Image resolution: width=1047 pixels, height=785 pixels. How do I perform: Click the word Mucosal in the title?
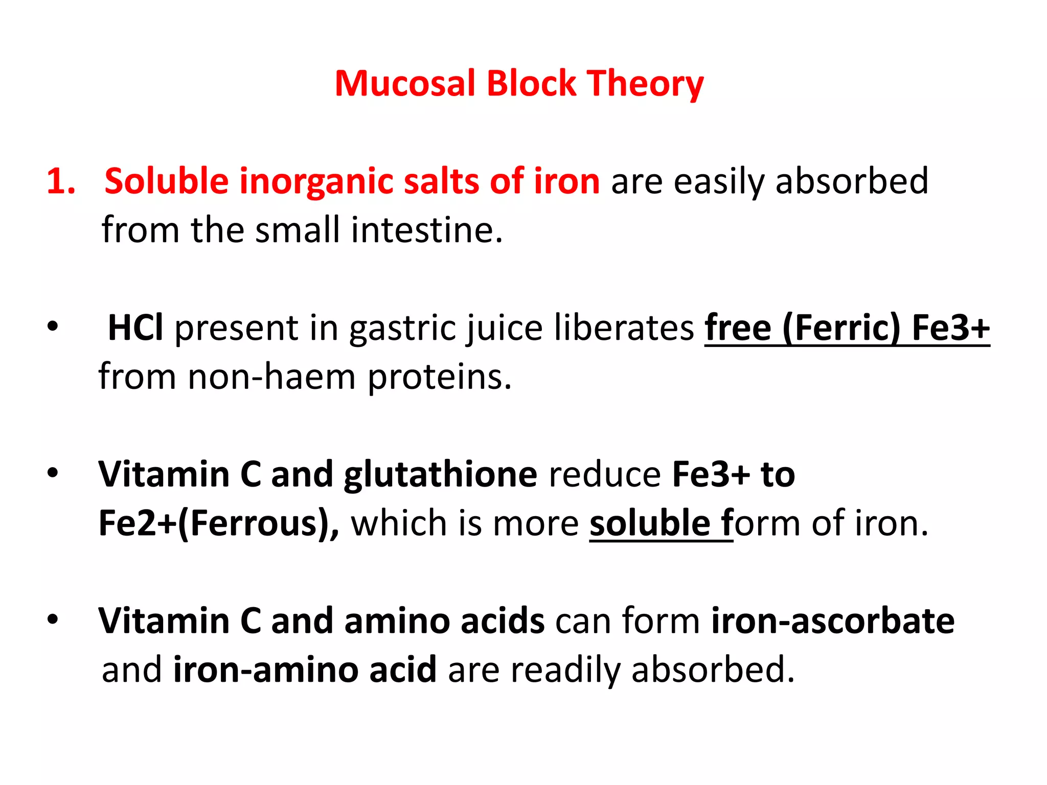(x=405, y=83)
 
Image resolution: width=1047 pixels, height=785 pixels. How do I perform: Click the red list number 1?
(x=60, y=181)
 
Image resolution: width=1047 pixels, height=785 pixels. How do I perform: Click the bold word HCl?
(x=135, y=328)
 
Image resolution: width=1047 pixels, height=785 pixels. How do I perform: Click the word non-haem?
(x=271, y=377)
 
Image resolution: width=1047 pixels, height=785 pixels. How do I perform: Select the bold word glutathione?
(x=440, y=475)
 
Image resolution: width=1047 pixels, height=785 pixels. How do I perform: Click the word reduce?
(x=604, y=475)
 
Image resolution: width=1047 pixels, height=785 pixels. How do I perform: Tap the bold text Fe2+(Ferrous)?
(x=219, y=523)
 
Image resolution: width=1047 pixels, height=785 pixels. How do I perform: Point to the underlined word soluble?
(x=650, y=523)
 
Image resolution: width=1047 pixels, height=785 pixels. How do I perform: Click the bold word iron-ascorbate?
(x=833, y=621)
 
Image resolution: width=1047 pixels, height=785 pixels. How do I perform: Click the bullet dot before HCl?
(x=53, y=327)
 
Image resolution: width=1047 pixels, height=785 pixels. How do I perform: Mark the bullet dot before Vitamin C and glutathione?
(x=53, y=473)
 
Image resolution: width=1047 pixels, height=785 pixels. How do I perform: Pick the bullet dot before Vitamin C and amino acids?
(x=53, y=619)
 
